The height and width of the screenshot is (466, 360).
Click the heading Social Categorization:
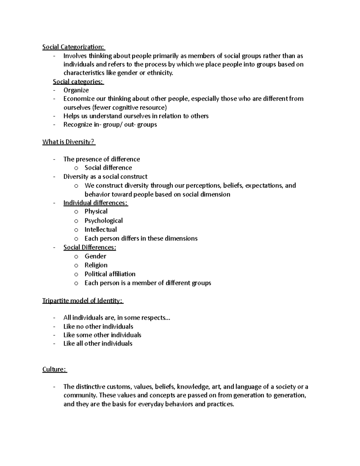[x=73, y=47]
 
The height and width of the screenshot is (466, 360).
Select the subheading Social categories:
[x=78, y=82]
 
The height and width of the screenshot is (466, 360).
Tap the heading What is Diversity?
[x=68, y=142]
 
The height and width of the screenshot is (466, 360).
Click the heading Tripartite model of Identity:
[x=82, y=301]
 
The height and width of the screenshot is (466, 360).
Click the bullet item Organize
[x=76, y=90]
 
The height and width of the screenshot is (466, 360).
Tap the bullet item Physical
[x=96, y=212]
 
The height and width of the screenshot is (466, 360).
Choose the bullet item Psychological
[x=103, y=221]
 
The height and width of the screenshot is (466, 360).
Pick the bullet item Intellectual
[x=100, y=230]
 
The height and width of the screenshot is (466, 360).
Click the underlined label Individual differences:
[x=95, y=203]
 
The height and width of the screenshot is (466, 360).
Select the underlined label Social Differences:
[x=90, y=248]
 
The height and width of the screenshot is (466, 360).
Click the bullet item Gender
[x=95, y=256]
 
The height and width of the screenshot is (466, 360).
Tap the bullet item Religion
[x=96, y=265]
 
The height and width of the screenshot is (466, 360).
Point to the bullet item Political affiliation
[x=110, y=274]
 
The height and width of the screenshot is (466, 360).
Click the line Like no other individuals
[x=98, y=326]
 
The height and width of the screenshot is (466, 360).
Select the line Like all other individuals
[x=98, y=344]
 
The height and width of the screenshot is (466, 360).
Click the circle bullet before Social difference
[x=76, y=168]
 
